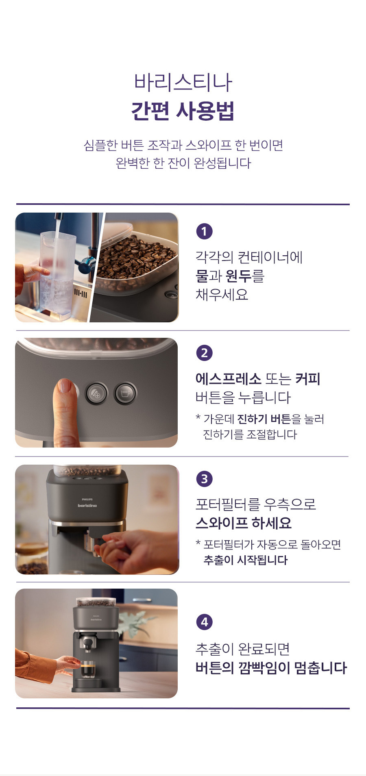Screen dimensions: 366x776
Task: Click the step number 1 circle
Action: click(x=204, y=231)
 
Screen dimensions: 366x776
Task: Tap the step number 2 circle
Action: click(x=204, y=352)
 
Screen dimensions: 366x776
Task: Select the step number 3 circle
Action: click(x=204, y=478)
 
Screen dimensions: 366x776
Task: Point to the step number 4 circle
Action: click(x=204, y=622)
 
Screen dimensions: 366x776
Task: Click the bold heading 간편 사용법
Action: click(x=183, y=111)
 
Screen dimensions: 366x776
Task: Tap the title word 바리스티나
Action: click(x=183, y=82)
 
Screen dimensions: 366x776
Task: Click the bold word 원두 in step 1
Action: click(x=238, y=276)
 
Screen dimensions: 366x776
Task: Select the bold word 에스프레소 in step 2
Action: click(x=228, y=379)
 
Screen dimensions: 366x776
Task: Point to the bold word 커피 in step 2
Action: click(x=308, y=379)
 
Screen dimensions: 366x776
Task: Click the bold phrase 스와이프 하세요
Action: click(x=244, y=523)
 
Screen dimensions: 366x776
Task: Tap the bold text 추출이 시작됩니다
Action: click(x=245, y=560)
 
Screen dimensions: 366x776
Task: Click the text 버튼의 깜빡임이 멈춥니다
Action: click(x=271, y=668)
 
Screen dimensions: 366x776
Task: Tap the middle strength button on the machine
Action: click(x=96, y=393)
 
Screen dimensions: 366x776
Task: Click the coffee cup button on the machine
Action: click(x=125, y=393)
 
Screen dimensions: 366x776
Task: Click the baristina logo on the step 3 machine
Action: click(x=87, y=505)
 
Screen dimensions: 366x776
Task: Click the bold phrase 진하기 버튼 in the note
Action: click(x=264, y=419)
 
